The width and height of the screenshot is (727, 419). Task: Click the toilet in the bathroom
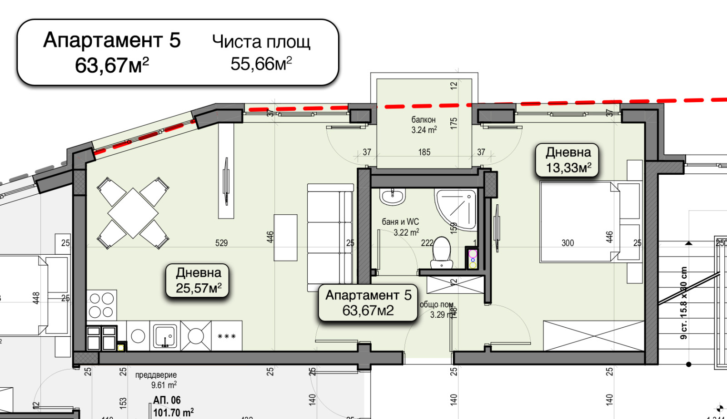point(441,252)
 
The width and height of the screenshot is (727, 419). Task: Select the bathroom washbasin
point(393,197)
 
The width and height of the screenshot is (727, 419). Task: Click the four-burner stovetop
point(101,305)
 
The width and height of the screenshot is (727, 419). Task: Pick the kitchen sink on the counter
point(165,336)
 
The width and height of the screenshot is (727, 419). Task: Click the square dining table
point(133,212)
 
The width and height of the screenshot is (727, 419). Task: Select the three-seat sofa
point(330,237)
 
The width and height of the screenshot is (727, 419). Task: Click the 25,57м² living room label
point(199,281)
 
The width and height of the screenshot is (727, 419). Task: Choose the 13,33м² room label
point(568,160)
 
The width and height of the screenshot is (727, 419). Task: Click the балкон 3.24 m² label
point(423,124)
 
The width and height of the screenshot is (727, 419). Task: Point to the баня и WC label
point(400,227)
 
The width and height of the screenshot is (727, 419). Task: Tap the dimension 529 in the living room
point(221,243)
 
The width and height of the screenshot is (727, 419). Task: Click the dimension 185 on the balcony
point(424,152)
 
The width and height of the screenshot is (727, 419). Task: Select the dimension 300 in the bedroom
point(568,243)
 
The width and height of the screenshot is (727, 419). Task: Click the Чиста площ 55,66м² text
point(261,52)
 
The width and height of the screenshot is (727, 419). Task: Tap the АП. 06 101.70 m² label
point(173,406)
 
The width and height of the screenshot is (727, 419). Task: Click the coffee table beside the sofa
point(285,237)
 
